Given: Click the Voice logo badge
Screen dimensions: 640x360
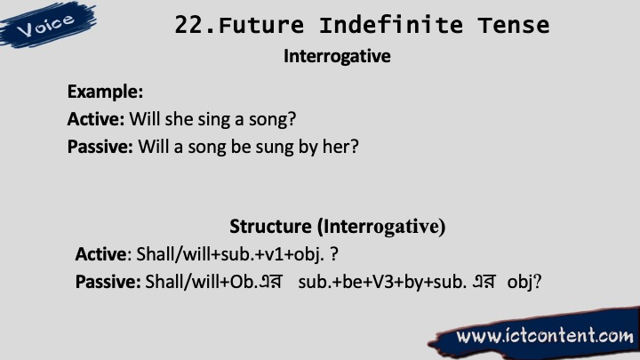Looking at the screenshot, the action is click(x=47, y=25).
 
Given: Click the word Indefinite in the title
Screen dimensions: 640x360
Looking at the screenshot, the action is click(x=391, y=25).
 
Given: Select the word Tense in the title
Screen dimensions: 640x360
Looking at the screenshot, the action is click(x=514, y=25).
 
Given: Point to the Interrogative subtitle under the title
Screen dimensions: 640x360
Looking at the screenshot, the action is click(x=337, y=56).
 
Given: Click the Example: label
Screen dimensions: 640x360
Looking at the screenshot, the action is click(x=105, y=92).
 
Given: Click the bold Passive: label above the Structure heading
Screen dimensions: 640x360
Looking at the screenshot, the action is click(x=100, y=146).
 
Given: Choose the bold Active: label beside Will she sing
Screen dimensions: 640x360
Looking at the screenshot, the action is click(x=95, y=119).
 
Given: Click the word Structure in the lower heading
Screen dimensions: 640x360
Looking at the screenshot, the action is click(x=270, y=226).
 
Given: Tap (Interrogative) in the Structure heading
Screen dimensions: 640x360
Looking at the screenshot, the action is click(x=381, y=226).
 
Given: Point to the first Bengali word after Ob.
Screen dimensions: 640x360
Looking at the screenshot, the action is click(x=270, y=281).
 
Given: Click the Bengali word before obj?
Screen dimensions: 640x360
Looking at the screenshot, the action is click(x=484, y=281).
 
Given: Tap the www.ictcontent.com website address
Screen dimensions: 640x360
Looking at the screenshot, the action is click(x=545, y=335).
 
